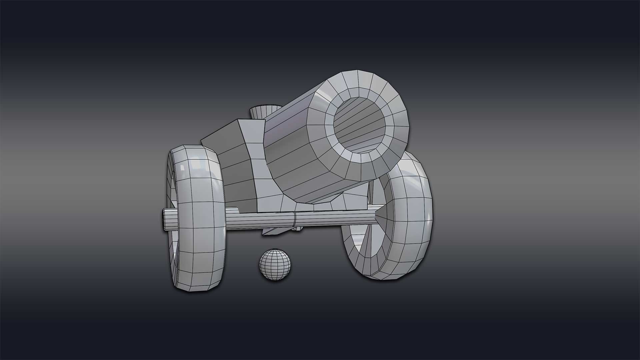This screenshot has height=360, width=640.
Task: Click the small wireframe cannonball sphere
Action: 275,264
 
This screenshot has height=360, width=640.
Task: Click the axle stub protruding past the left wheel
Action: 166,219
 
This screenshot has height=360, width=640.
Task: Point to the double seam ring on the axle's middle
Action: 295,220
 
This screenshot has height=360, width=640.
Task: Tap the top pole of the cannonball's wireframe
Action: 275,250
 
